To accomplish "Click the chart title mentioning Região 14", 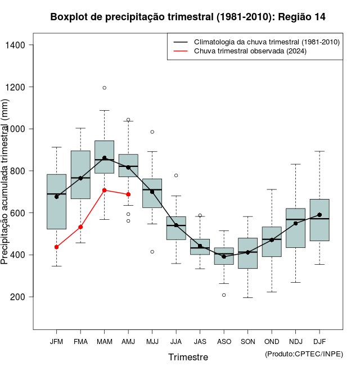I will click(188, 17).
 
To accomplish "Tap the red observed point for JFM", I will click(56, 247).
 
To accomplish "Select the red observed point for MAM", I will click(105, 191).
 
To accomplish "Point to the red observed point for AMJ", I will click(128, 194).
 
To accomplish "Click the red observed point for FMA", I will click(80, 227).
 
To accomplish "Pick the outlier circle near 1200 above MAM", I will click(105, 88).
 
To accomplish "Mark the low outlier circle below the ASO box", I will click(224, 295).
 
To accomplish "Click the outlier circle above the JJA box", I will click(176, 175).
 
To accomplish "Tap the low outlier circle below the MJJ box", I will click(152, 252).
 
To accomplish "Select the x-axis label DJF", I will click(319, 342).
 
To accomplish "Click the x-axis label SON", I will click(247, 342).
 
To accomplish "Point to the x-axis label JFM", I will click(56, 342).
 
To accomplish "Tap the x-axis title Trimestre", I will click(188, 357).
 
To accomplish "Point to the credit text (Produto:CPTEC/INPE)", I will click(304, 354).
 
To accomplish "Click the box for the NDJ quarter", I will click(295, 228).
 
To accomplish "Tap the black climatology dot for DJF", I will click(319, 215).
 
